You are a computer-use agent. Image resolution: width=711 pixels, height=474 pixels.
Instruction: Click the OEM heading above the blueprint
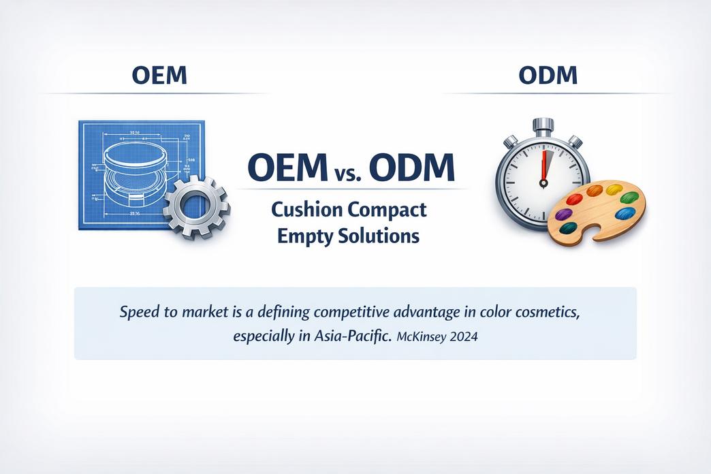pyautogui.click(x=159, y=75)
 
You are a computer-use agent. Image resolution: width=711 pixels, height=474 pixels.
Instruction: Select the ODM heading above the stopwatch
pyautogui.click(x=548, y=75)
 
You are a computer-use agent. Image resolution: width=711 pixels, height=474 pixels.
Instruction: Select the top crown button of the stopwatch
pyautogui.click(x=543, y=126)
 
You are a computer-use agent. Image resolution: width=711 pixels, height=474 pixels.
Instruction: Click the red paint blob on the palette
pyautogui.click(x=575, y=199)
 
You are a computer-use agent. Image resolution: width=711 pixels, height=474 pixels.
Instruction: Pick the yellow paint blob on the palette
pyautogui.click(x=614, y=189)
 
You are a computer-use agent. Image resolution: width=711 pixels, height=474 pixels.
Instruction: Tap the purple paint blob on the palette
pyautogui.click(x=563, y=214)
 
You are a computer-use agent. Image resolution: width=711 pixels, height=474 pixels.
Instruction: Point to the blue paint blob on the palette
pyautogui.click(x=625, y=213)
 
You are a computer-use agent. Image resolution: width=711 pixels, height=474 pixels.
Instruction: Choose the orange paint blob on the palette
pyautogui.click(x=594, y=190)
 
